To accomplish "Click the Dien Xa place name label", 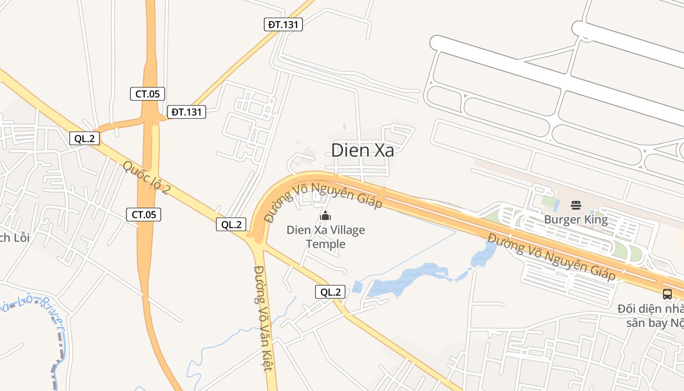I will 363,150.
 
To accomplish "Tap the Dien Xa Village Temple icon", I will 325,215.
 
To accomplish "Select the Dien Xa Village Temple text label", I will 325,237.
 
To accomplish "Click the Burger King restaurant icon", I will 576,205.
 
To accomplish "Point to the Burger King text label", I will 576,219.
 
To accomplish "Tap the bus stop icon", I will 667,294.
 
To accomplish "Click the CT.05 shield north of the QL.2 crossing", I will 148,94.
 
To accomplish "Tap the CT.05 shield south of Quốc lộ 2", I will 144,214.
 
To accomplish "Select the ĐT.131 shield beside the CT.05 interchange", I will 187,112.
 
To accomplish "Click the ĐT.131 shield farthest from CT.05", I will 283,24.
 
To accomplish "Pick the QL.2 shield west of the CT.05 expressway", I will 85,138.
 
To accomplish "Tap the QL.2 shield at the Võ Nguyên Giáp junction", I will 231,224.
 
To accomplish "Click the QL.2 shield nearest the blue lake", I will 330,292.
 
